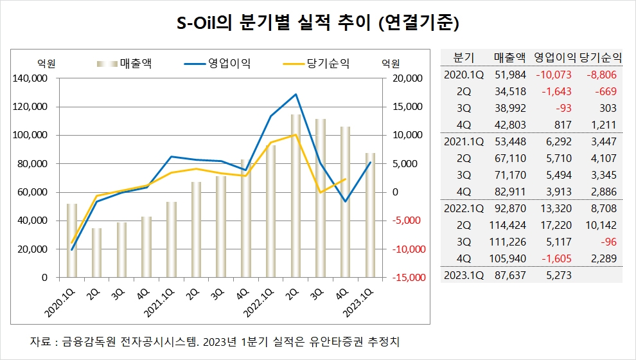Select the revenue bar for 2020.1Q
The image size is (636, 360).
pyautogui.click(x=72, y=240)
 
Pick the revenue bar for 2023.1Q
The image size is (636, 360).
pyautogui.click(x=370, y=215)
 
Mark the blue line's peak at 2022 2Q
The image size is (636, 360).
pyautogui.click(x=296, y=94)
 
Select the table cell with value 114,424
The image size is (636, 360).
pyautogui.click(x=508, y=225)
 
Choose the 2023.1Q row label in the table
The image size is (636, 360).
pyautogui.click(x=464, y=275)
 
